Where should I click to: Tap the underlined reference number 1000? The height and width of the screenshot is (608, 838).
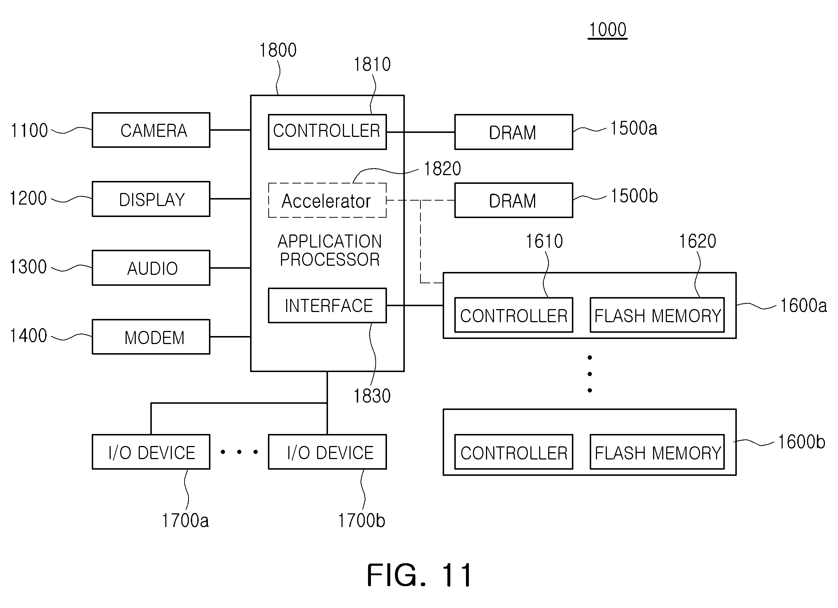click(608, 30)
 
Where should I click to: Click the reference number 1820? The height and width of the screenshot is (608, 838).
click(442, 169)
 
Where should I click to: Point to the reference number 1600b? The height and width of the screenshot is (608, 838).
click(802, 442)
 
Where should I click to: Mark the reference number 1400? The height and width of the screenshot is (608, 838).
click(28, 336)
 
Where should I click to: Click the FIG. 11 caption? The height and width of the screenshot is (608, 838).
click(419, 576)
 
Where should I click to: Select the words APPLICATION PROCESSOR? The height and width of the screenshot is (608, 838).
click(329, 250)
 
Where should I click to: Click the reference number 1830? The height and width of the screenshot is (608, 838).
click(372, 396)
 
